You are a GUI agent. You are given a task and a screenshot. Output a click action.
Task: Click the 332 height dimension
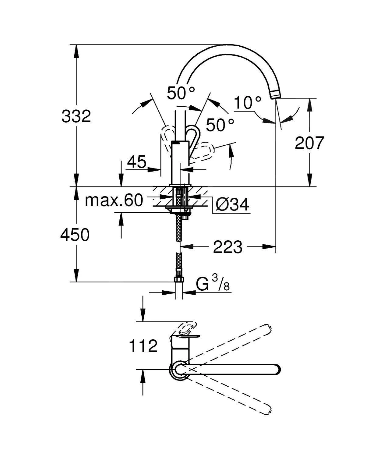pos(76,116)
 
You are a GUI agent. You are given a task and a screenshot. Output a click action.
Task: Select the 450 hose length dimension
pos(75,235)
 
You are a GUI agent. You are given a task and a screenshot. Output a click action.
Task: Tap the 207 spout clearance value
pos(309,143)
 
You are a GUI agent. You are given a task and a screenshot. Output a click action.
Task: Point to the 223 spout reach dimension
pos(228,247)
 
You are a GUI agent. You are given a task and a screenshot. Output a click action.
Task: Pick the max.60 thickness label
pos(114,200)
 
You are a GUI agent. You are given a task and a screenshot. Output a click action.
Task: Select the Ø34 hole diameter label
pos(232,204)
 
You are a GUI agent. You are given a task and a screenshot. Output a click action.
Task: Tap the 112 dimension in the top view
pos(143,346)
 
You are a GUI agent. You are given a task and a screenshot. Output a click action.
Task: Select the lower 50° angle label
pos(220,125)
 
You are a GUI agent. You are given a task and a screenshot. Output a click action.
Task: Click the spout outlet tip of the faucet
pos(274,94)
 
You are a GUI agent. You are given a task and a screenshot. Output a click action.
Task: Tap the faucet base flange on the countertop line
pos(181,185)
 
